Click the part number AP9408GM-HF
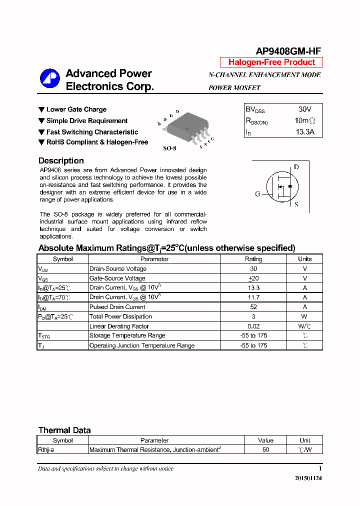[288, 51]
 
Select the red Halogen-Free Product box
[271, 62]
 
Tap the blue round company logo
[50, 79]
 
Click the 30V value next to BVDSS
[304, 109]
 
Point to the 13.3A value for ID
[304, 132]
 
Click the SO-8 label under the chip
[170, 148]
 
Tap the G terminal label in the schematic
[257, 194]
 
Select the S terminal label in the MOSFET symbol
[296, 204]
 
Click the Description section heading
[61, 160]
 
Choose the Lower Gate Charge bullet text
[76, 109]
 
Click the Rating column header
[253, 259]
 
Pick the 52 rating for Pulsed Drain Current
[253, 307]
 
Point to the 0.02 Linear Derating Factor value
[253, 326]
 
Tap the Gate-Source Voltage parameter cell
[117, 278]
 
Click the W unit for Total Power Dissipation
[304, 316]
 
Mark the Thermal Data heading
[64, 430]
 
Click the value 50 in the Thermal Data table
[265, 449]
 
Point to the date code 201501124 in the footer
[308, 478]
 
